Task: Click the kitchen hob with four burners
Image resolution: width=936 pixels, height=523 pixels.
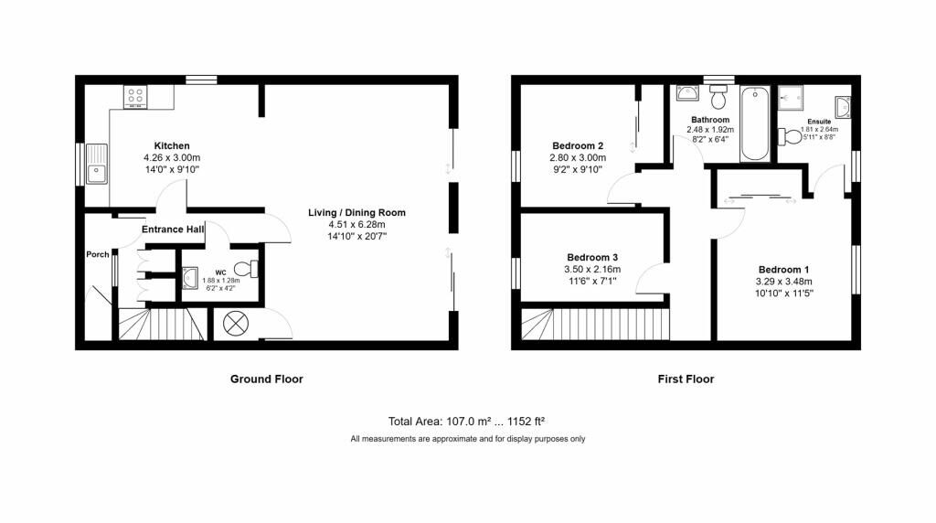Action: click(136, 96)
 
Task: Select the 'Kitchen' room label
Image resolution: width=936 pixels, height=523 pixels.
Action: click(172, 146)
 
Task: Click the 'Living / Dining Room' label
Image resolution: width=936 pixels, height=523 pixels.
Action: click(356, 213)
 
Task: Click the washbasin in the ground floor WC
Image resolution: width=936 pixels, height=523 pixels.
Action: click(191, 276)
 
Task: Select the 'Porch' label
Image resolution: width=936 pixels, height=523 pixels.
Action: click(98, 254)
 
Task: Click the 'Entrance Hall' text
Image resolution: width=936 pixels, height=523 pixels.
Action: click(173, 229)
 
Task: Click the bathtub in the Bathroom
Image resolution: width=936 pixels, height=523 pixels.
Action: click(754, 123)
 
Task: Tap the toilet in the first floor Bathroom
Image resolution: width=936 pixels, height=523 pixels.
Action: click(718, 95)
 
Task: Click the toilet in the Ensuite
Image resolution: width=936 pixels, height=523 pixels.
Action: click(788, 136)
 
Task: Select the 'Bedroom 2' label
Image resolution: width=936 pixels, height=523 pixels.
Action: click(578, 146)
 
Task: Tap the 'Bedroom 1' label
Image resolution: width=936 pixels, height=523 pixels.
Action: click(783, 270)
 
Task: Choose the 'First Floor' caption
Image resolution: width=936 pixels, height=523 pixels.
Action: click(686, 379)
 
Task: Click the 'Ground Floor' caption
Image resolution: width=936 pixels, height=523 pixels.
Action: click(266, 379)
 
